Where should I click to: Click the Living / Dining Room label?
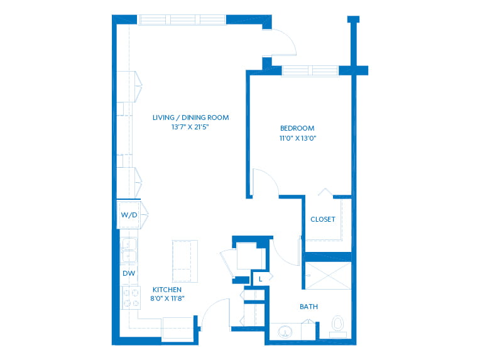pos(191,117)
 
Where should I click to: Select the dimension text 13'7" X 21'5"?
pos(190,127)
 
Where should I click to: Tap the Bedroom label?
pos(297,128)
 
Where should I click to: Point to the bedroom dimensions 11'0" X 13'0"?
pos(298,138)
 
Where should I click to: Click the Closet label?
pos(323,219)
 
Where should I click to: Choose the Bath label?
pos(309,307)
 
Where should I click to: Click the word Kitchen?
pos(167,290)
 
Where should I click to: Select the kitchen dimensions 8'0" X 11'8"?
pos(168,298)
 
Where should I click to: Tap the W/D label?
pos(129,215)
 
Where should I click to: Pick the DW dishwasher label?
pos(129,273)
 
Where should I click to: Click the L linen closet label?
pos(261,279)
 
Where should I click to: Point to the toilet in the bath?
pos(337,326)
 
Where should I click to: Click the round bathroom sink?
pos(285,332)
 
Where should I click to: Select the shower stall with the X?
pos(328,276)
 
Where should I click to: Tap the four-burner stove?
pos(131,298)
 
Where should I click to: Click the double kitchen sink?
pos(129,251)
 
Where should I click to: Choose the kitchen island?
pos(185,261)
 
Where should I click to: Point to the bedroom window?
pos(310,71)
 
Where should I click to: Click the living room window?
pos(183,19)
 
